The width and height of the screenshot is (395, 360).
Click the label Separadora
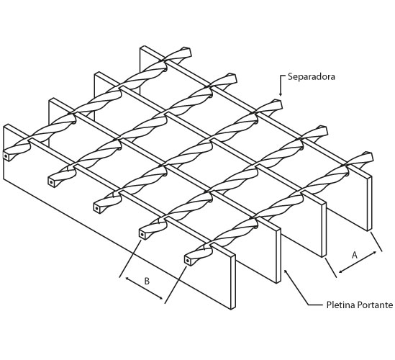312,76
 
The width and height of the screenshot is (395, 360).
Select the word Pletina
341,305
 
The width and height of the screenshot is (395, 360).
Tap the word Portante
375,305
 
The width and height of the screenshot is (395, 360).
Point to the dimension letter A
355,255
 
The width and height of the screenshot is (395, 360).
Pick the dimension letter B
147,281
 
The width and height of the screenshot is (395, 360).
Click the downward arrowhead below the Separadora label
281,94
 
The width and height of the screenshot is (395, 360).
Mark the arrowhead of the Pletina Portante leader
286,271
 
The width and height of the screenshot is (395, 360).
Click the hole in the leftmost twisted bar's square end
6,156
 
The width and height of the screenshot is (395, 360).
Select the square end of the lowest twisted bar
189,261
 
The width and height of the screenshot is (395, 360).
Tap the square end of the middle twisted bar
97,208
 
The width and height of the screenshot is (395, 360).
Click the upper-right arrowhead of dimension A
375,252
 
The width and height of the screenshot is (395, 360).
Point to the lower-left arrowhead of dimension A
341,271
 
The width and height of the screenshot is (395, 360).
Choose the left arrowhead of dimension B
127,279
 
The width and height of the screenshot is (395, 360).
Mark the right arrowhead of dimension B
160,298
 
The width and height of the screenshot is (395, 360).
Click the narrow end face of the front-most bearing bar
233,282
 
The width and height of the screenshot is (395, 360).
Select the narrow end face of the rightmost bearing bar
369,203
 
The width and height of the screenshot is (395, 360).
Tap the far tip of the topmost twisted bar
187,52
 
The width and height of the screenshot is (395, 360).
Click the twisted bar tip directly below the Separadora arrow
278,105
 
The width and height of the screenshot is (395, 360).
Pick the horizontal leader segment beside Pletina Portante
316,305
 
